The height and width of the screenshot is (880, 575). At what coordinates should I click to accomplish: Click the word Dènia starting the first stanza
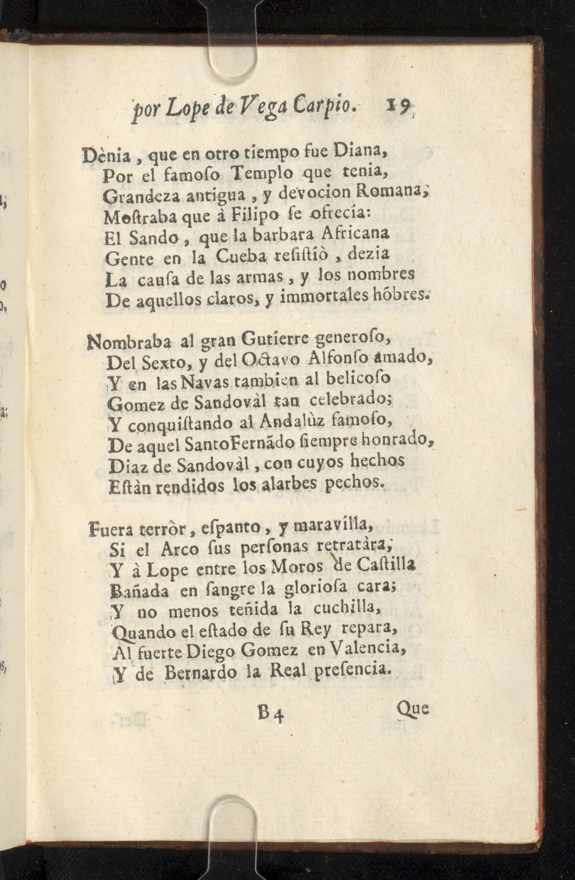click(x=107, y=155)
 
